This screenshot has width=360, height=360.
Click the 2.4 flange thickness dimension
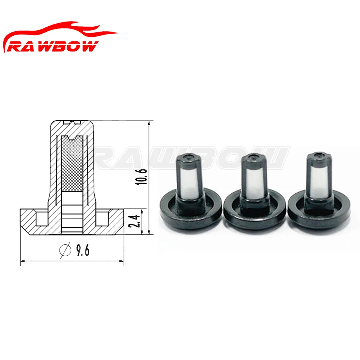click(x=134, y=221)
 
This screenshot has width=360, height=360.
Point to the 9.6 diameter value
click(x=83, y=250)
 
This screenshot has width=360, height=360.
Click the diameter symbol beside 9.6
click(x=65, y=250)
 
